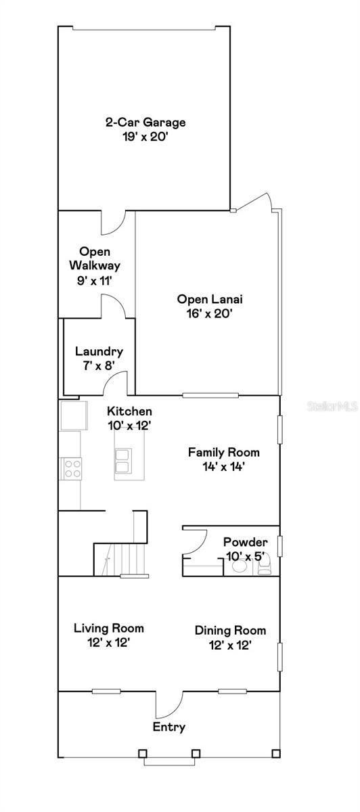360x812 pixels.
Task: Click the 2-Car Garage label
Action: click(x=145, y=122)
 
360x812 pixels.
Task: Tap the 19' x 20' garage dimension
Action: click(x=145, y=135)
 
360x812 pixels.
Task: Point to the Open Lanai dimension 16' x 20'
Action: click(x=210, y=313)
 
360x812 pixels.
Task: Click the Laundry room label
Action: click(x=99, y=351)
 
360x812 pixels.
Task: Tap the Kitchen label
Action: click(x=129, y=411)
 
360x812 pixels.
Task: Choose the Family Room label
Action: click(x=223, y=452)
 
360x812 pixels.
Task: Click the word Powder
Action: click(x=245, y=542)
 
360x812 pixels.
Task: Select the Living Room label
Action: click(x=108, y=629)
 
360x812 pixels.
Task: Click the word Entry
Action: click(x=168, y=727)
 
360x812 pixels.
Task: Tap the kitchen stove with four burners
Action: click(x=72, y=468)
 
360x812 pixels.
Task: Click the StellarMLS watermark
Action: click(x=331, y=407)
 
